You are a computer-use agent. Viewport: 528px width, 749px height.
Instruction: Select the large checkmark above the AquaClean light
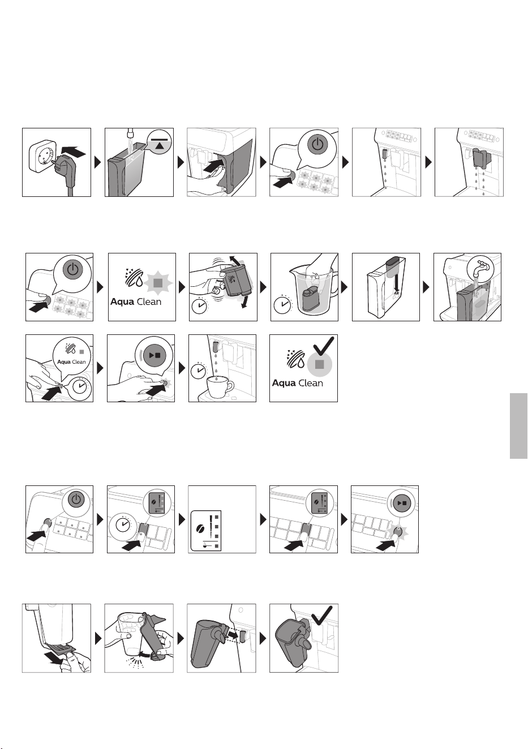(323, 347)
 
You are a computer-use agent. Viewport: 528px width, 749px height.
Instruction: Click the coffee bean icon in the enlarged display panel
(201, 528)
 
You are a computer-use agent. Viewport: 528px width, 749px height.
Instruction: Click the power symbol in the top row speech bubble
(317, 144)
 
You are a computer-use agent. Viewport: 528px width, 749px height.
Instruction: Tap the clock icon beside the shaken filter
(200, 305)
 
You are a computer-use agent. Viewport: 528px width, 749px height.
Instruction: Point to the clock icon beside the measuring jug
(281, 304)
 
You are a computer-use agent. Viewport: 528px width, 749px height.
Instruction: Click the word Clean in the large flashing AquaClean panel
(149, 302)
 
